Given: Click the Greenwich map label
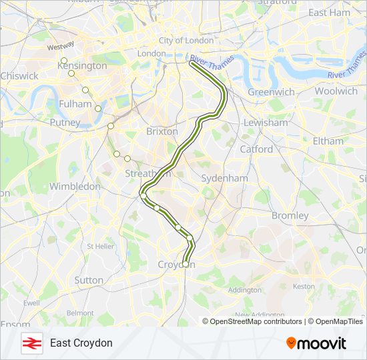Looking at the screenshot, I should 271,91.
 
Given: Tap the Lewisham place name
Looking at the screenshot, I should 266,123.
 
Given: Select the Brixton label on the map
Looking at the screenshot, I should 162,131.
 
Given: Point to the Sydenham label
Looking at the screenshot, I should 225,179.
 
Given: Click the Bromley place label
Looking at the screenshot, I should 290,215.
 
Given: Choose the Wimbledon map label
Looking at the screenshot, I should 75,187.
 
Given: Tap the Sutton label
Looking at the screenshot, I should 89,281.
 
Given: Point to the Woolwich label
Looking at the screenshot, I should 336,91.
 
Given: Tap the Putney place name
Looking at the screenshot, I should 65,123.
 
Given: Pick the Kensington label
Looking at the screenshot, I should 85,66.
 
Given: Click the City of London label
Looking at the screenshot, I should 186,41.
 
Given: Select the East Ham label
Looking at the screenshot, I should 329,13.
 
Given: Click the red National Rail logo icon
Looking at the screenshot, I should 30,343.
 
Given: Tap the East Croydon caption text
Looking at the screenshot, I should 81,343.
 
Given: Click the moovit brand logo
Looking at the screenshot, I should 316,343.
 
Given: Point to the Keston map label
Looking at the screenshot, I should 304,286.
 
